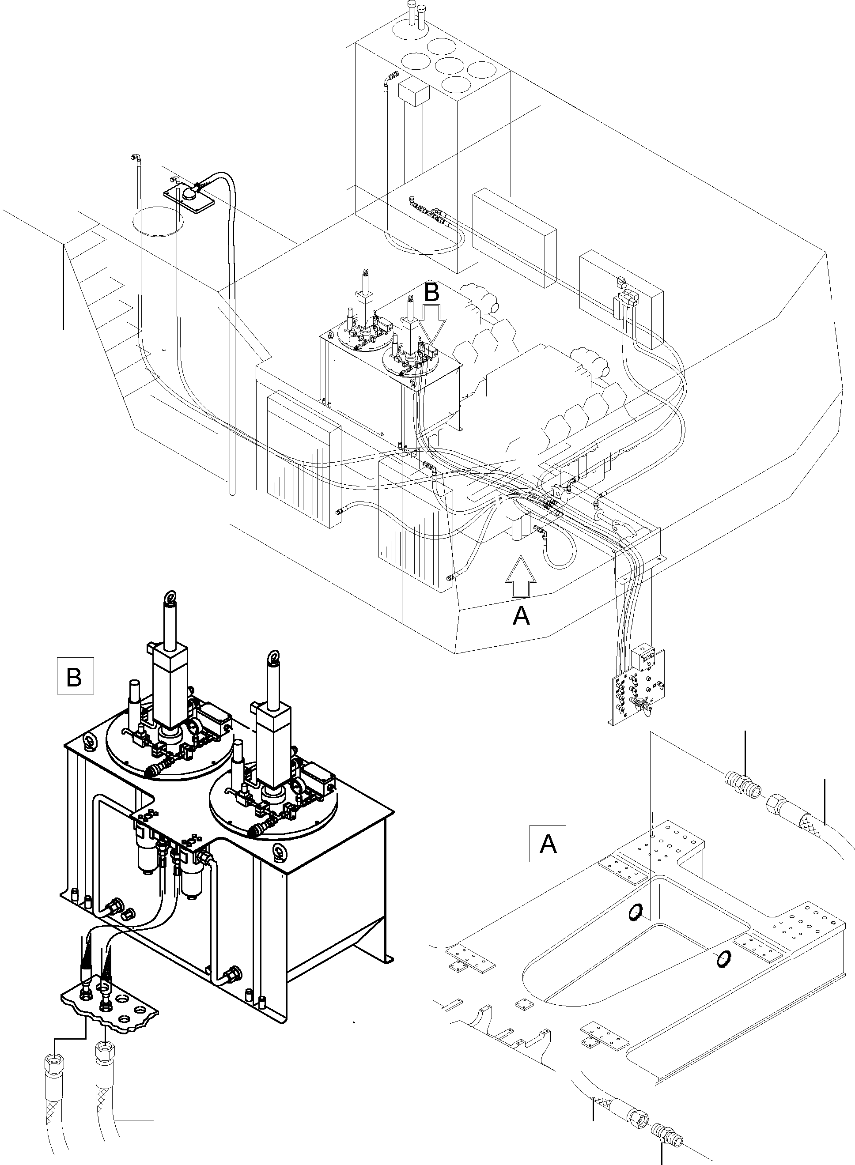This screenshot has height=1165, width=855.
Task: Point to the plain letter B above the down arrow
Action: point(431,292)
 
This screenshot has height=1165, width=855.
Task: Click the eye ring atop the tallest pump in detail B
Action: point(169,599)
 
